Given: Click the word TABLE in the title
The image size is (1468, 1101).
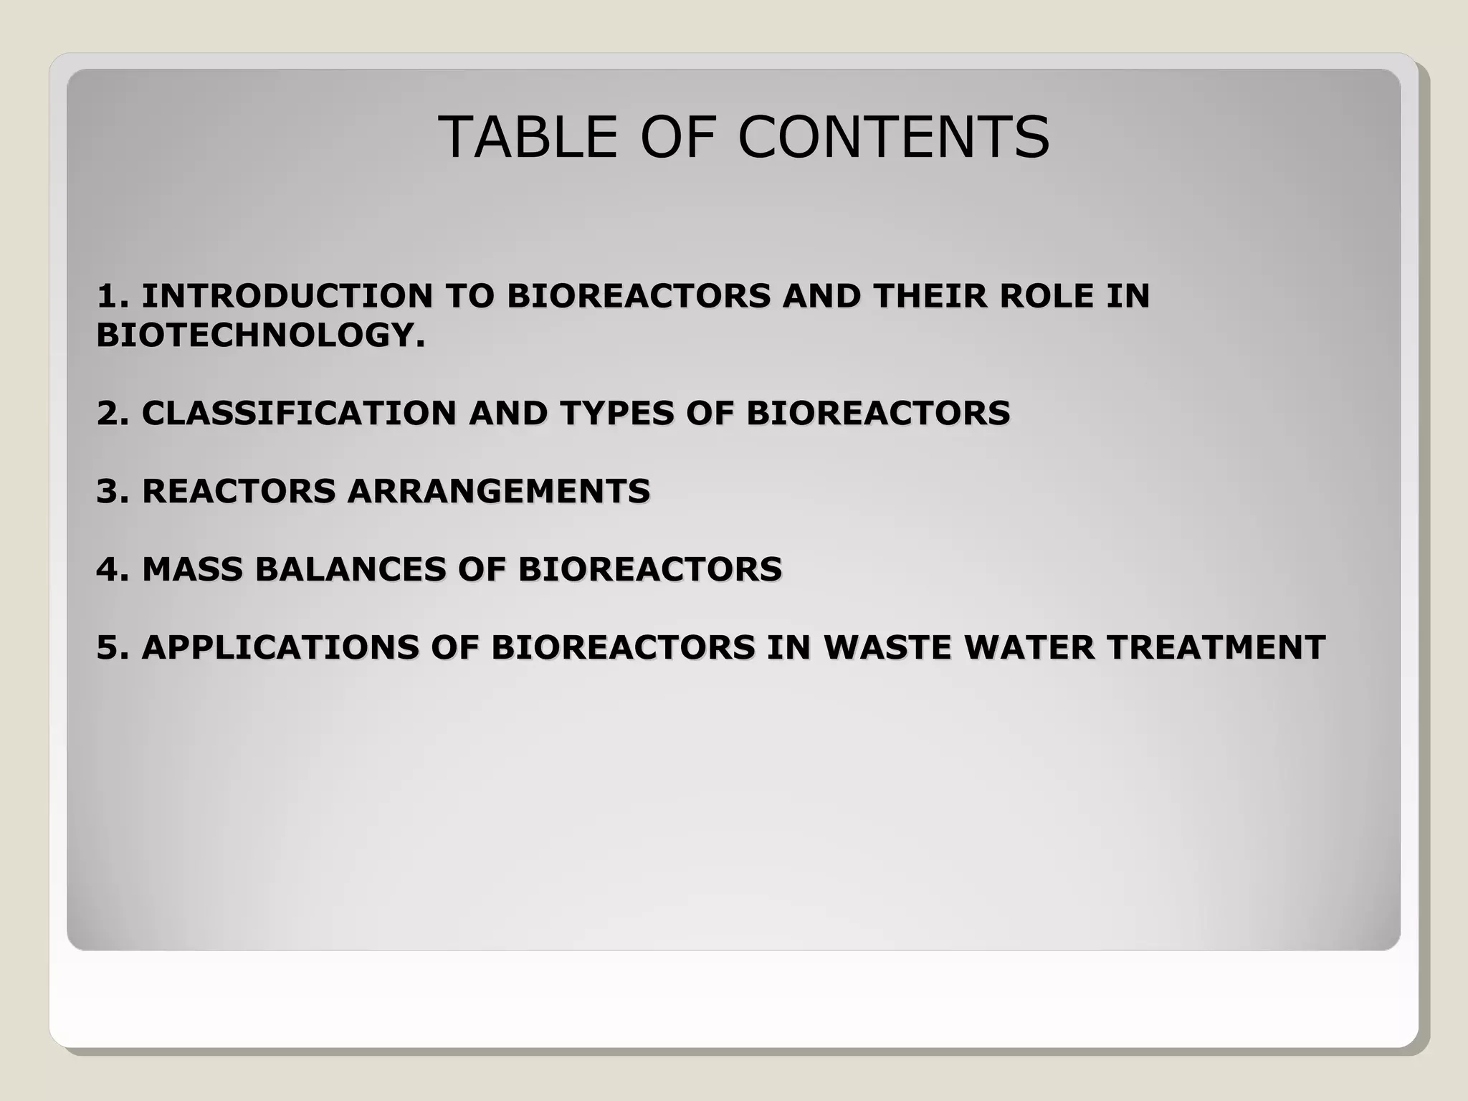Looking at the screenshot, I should [x=527, y=137].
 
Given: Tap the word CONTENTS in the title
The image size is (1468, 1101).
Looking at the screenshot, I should [x=893, y=137].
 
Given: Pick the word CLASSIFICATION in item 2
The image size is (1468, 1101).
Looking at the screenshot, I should [x=299, y=413].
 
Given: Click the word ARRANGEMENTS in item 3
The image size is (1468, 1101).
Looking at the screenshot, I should [x=499, y=491].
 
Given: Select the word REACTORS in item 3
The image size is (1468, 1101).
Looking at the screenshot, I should [x=239, y=491].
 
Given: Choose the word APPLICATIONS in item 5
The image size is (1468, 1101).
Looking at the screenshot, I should [x=280, y=647].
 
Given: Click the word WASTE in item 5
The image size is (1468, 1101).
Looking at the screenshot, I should [x=887, y=647].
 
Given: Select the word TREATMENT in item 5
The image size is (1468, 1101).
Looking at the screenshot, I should [x=1216, y=647].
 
